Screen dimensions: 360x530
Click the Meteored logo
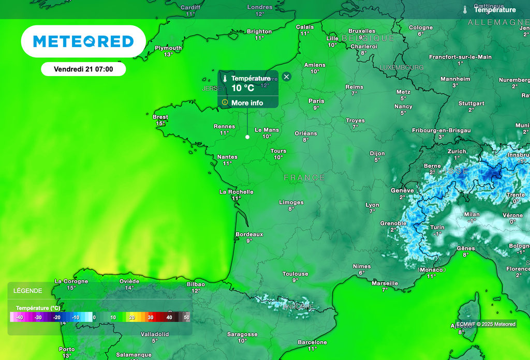[x=83, y=41]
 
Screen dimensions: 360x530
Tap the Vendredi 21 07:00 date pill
[x=83, y=69]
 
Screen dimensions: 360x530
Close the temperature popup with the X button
[x=287, y=77]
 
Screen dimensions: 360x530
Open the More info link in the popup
[x=247, y=103]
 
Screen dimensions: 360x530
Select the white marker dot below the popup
[x=247, y=137]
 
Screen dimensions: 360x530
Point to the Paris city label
[x=316, y=101]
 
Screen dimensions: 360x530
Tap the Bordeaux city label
[x=249, y=234]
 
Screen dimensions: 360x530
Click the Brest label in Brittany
[x=160, y=117]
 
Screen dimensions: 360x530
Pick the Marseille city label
[x=385, y=283]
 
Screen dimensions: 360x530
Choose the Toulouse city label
[x=295, y=274]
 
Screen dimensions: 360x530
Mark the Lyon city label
[x=372, y=205]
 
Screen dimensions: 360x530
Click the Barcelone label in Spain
[x=313, y=342]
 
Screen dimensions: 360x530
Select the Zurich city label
[x=457, y=152]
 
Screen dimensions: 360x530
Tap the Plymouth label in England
[x=168, y=48]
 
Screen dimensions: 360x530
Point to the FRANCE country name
[x=304, y=178]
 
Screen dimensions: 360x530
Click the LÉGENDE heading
[x=28, y=291]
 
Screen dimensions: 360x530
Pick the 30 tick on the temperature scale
[x=151, y=317]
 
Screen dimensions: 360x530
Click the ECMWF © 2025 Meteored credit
[x=485, y=324]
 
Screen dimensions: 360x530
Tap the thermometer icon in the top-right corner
[x=465, y=10]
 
